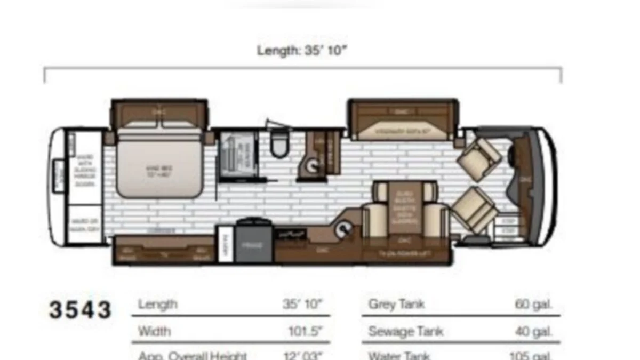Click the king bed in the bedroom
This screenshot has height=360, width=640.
160,165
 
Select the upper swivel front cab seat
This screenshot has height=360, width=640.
479,154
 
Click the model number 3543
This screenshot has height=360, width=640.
81,310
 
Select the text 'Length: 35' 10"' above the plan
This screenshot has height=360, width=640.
302,51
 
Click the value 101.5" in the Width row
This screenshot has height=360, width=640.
306,331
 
